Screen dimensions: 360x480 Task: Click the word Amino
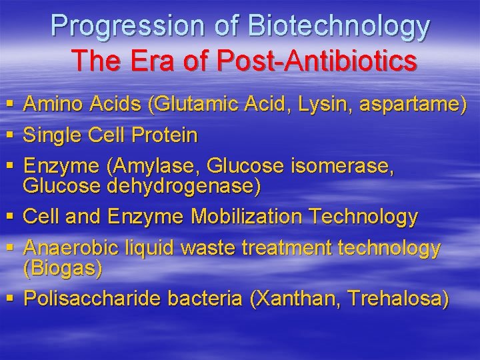tap(52, 104)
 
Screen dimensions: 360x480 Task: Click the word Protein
tap(165, 136)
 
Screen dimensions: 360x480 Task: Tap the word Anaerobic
tap(71, 249)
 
